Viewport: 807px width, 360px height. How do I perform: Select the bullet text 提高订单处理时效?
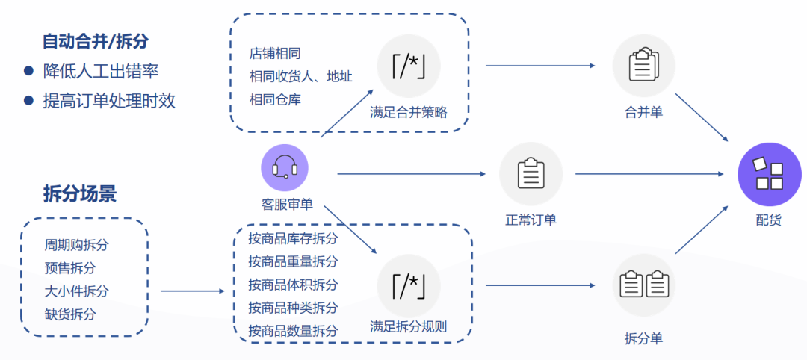click(x=109, y=101)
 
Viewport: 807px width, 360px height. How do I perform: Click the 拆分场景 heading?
click(x=80, y=194)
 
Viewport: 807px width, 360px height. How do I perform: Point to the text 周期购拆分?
click(x=76, y=246)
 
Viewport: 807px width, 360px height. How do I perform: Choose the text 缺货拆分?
click(x=70, y=314)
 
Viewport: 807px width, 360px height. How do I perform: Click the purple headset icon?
click(x=284, y=167)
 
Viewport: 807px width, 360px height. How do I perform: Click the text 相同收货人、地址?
click(x=300, y=76)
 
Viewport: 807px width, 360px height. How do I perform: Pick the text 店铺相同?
click(x=274, y=54)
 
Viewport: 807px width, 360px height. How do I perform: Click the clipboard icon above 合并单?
click(x=643, y=66)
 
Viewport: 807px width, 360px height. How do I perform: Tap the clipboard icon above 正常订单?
click(x=531, y=173)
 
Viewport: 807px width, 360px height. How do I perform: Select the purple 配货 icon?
click(x=769, y=174)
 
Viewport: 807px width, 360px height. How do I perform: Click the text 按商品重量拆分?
click(x=293, y=261)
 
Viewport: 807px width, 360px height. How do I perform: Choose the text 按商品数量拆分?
click(x=293, y=330)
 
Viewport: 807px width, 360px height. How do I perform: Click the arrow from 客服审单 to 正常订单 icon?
click(x=411, y=174)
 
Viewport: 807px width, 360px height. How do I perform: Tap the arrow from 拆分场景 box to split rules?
click(x=193, y=291)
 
